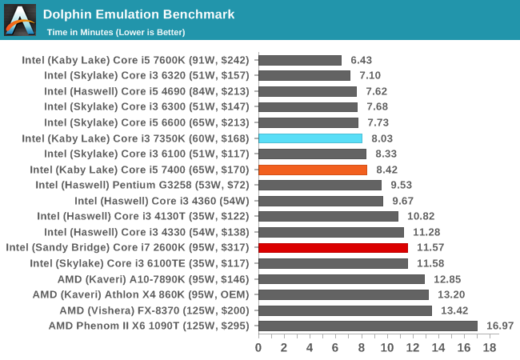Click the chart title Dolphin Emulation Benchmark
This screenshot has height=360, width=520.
138,14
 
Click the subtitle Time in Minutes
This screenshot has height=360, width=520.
116,32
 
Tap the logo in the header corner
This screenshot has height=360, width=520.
20,20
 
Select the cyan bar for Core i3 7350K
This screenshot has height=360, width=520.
310,138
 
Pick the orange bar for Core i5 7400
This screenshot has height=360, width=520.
313,170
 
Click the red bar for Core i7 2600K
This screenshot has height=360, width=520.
333,248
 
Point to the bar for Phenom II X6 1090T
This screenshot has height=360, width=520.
368,326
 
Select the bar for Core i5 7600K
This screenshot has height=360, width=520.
300,60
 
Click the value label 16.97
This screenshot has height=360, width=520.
500,326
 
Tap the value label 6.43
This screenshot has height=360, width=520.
361,60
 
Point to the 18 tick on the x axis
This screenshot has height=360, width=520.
490,348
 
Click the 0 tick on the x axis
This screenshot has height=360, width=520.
258,348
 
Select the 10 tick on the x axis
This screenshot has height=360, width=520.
386,348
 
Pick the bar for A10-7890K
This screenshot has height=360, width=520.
342,279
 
